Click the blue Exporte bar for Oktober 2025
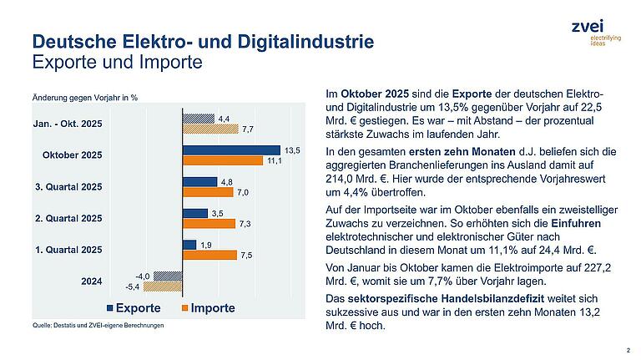click(x=231, y=150)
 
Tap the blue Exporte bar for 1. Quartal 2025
click(x=189, y=245)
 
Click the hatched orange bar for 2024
click(x=164, y=286)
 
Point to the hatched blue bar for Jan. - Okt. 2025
click(x=199, y=119)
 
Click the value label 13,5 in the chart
click(x=292, y=150)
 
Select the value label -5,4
click(x=134, y=286)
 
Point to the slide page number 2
click(x=627, y=350)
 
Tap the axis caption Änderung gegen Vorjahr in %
click(x=84, y=98)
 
